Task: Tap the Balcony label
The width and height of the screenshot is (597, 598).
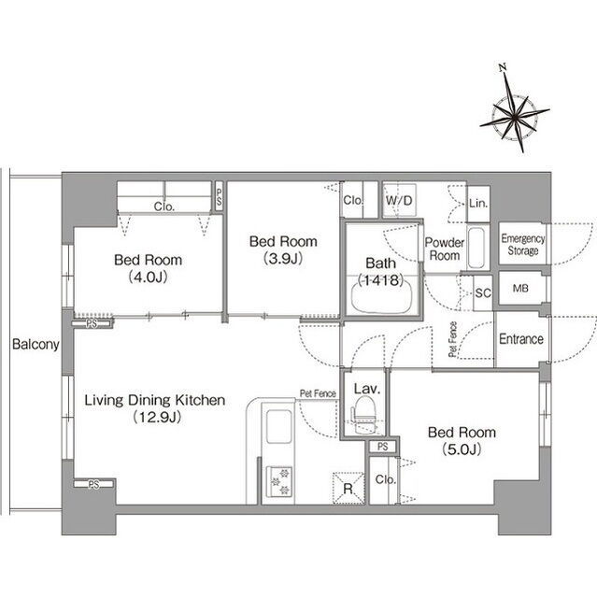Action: click(x=36, y=344)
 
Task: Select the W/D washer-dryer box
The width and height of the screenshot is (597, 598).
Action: click(x=399, y=201)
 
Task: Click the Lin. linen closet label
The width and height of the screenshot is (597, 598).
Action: click(x=478, y=204)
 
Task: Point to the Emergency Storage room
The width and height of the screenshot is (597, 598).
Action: click(x=522, y=244)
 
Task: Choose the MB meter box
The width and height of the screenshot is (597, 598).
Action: click(x=520, y=289)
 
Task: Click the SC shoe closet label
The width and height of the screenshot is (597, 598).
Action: click(x=483, y=292)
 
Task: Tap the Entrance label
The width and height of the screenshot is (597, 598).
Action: click(x=521, y=338)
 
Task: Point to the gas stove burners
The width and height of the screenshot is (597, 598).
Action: click(x=279, y=481)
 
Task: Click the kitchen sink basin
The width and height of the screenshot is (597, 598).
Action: click(x=279, y=426)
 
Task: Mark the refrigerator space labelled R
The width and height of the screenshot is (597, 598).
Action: click(x=348, y=489)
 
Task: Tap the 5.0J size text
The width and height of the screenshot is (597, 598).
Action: click(x=462, y=449)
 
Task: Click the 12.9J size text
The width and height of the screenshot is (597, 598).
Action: click(x=157, y=418)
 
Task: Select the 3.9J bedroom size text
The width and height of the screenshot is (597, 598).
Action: click(x=283, y=259)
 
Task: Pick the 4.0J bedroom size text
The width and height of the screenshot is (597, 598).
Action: click(x=149, y=278)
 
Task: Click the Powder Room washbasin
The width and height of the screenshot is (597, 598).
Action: click(x=476, y=247)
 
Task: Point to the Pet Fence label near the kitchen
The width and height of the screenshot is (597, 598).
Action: click(x=318, y=393)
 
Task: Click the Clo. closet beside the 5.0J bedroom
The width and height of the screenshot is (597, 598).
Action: click(x=384, y=480)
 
